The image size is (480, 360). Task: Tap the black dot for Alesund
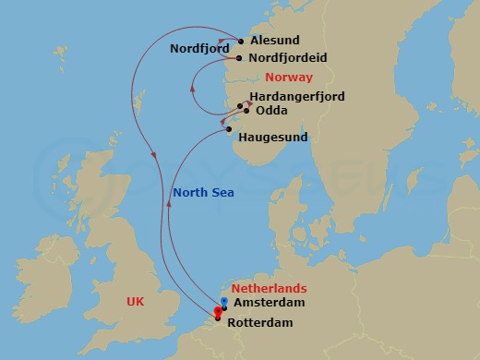240,41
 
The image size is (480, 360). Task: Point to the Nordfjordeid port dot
239,58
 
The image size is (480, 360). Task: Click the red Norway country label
288,78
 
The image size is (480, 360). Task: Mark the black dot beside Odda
246,111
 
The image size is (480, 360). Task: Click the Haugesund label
273,138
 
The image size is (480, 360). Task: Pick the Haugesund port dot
230,129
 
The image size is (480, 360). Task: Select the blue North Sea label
203,192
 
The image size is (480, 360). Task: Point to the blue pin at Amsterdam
224,301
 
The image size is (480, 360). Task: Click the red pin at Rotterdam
218,311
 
